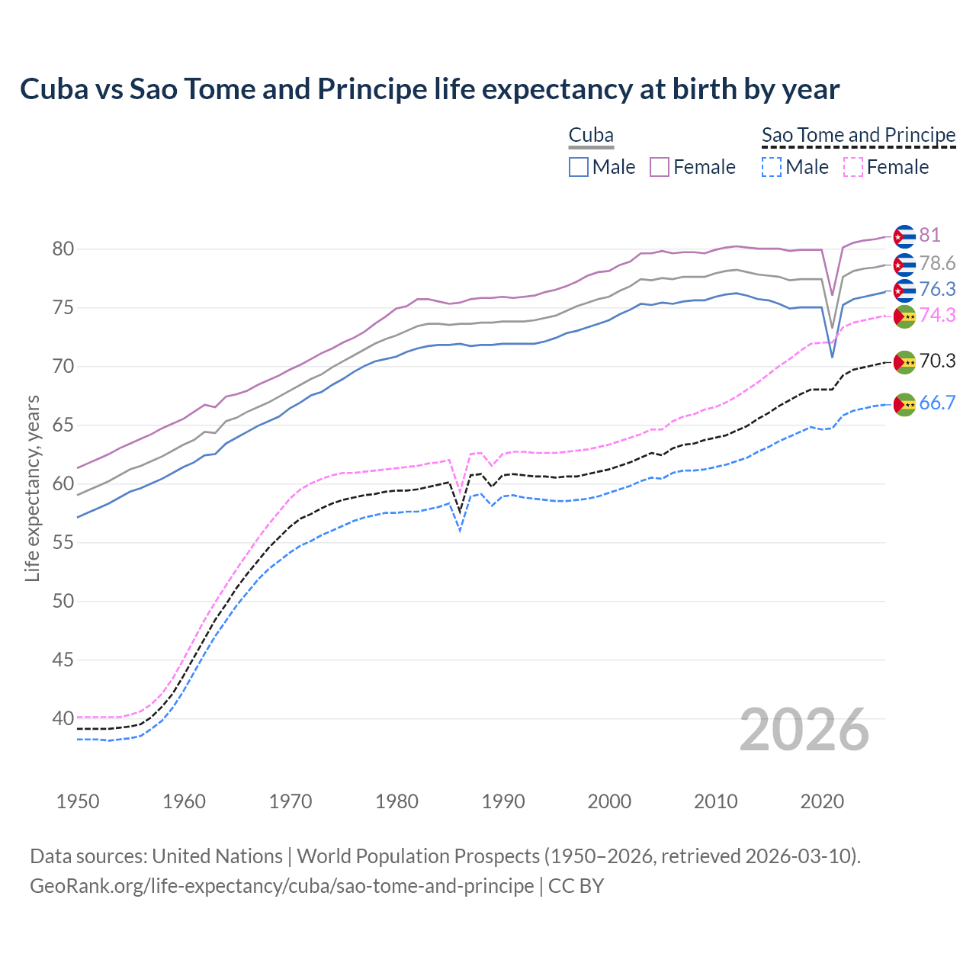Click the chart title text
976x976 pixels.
coord(429,89)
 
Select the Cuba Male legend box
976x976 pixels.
coord(579,167)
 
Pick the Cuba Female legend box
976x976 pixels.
coord(660,167)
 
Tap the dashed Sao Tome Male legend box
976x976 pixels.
coord(772,167)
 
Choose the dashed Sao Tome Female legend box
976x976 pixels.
coord(853,167)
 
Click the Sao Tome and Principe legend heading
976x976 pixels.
coord(859,135)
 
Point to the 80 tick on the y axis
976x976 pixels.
coord(63,249)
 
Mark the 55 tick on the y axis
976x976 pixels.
coord(63,543)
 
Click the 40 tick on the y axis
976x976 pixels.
coord(63,718)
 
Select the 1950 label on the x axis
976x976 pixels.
coord(78,801)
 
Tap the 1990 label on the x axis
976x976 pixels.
coord(503,801)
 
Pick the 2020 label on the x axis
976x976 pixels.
coord(822,801)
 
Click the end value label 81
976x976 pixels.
coord(929,236)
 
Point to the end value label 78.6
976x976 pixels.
coord(937,264)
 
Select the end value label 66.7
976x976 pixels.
coord(937,403)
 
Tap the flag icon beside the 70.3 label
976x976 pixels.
coord(904,362)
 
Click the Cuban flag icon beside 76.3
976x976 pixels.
coord(904,291)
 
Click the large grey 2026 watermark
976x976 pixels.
coord(804,730)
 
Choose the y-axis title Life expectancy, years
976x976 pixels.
coord(32,488)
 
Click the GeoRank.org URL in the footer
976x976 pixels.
coord(281,886)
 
